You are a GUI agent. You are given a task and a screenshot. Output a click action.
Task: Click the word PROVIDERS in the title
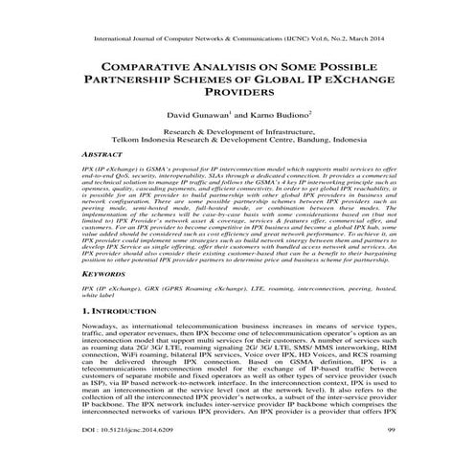coord(237,94)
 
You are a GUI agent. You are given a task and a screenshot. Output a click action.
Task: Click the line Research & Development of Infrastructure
coord(237,128)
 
